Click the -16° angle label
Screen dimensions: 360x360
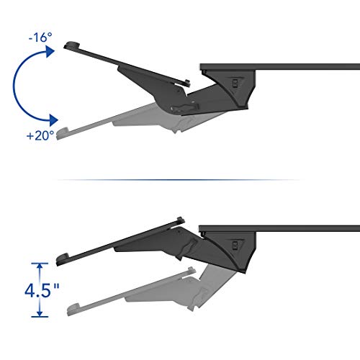[x=40, y=37]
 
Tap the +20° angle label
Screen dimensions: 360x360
[x=40, y=135]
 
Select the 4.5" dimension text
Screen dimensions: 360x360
[x=42, y=290]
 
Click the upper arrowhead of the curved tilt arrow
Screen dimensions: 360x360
[x=50, y=51]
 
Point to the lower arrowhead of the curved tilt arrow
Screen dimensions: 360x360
[x=53, y=120]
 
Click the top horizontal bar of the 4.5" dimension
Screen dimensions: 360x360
[x=40, y=264]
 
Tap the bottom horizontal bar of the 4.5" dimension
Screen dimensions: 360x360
[x=40, y=317]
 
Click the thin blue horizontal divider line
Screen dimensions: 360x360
[x=179, y=180]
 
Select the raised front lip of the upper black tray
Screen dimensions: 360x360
[x=71, y=45]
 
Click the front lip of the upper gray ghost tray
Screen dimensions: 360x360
[x=63, y=133]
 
